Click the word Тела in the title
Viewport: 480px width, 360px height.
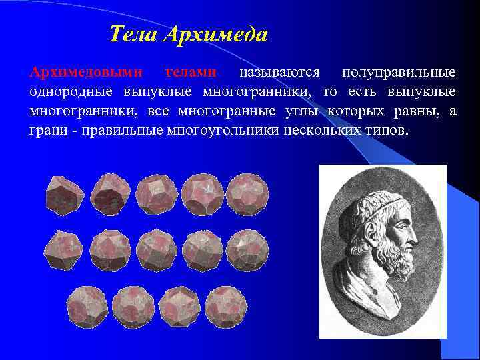pos(131,34)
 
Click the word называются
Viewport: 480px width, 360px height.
pos(280,72)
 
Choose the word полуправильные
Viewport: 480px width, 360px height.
pos(399,72)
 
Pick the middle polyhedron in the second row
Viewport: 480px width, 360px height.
pos(156,249)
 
